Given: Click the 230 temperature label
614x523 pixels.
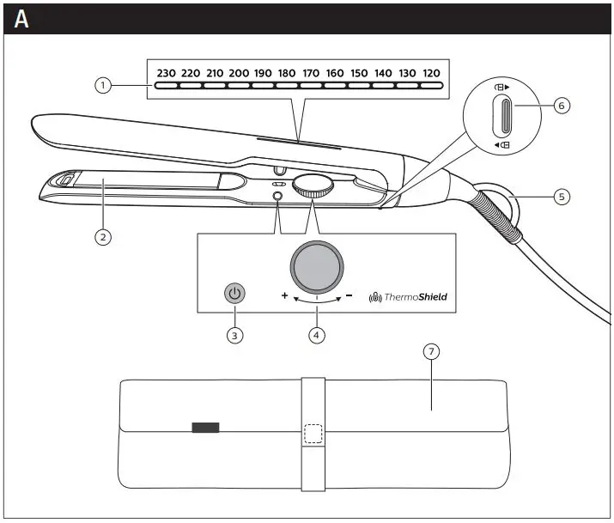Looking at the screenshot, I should point(166,73).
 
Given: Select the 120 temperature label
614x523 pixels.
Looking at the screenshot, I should point(431,73).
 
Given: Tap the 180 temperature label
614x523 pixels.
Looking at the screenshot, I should point(287,73).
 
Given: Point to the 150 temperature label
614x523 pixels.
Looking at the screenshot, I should point(359,73).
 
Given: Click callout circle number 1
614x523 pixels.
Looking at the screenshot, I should point(103,85).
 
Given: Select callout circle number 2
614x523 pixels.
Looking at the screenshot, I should point(103,238).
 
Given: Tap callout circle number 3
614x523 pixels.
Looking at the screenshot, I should point(234,335).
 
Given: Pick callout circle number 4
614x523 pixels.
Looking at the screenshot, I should point(318,335).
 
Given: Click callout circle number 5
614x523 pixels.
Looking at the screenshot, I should point(561,197).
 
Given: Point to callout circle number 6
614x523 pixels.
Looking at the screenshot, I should point(561,106).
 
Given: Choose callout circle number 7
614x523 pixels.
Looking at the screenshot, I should point(432,352).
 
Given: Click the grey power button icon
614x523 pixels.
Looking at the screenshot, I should point(234,294).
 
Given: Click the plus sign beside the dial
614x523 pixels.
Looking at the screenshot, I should point(284,295).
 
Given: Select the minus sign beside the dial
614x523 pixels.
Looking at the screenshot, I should point(350,295).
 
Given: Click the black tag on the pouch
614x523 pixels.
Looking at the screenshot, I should point(205,427).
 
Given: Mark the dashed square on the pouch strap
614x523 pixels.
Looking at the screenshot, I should point(313,434).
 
